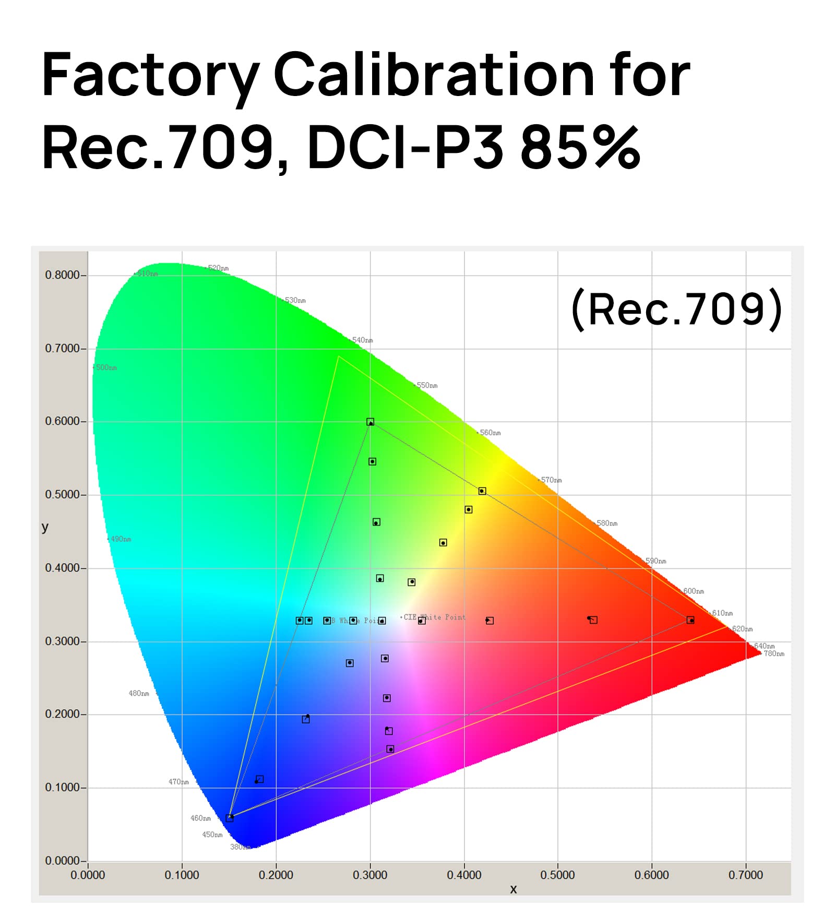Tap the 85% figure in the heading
pyautogui.click(x=580, y=148)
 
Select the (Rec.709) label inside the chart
pyautogui.click(x=677, y=310)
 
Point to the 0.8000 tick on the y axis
pyautogui.click(x=62, y=275)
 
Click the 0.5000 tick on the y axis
pyautogui.click(x=62, y=494)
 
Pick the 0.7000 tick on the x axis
pyautogui.click(x=745, y=875)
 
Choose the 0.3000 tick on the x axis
pyautogui.click(x=369, y=875)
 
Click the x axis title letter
pyautogui.click(x=514, y=889)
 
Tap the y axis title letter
pyautogui.click(x=45, y=527)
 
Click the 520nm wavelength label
pyautogui.click(x=218, y=268)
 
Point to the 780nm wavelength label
pyautogui.click(x=774, y=653)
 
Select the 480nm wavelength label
pyautogui.click(x=139, y=693)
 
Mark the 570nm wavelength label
pyautogui.click(x=551, y=480)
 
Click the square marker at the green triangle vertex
pyautogui.click(x=370, y=422)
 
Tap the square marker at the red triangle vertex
pyautogui.click(x=690, y=620)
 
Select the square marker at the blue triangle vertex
pyautogui.click(x=230, y=818)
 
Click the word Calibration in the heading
pyautogui.click(x=434, y=76)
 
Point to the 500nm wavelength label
pyautogui.click(x=106, y=367)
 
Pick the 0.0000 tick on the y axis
pyautogui.click(x=62, y=860)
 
